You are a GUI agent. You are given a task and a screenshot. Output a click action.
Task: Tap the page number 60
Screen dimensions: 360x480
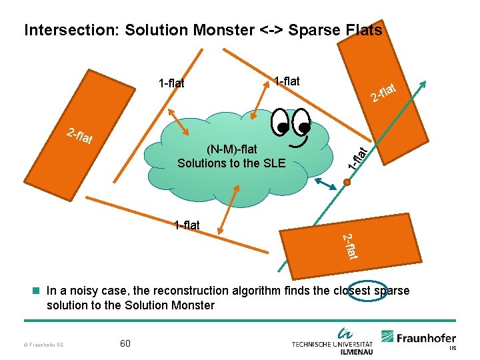click(125, 343)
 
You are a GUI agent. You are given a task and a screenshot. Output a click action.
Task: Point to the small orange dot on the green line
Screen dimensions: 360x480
click(347, 180)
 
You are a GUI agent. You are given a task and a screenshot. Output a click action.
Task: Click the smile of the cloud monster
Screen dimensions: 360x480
click(298, 141)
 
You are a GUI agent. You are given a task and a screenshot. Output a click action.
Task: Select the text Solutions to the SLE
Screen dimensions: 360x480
click(231, 163)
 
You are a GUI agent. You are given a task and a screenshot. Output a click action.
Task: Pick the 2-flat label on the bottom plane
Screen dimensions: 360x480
click(351, 247)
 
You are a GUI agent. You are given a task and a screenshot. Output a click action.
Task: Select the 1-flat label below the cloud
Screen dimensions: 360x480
click(187, 225)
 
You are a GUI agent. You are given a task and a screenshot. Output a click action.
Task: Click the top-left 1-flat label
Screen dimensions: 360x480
click(171, 83)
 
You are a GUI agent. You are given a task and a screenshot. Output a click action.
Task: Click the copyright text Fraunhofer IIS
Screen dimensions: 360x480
click(44, 344)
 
